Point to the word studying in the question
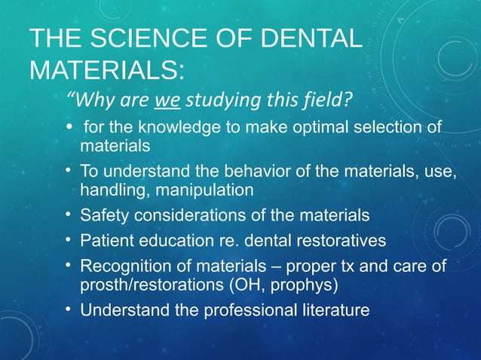coord(219,99)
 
